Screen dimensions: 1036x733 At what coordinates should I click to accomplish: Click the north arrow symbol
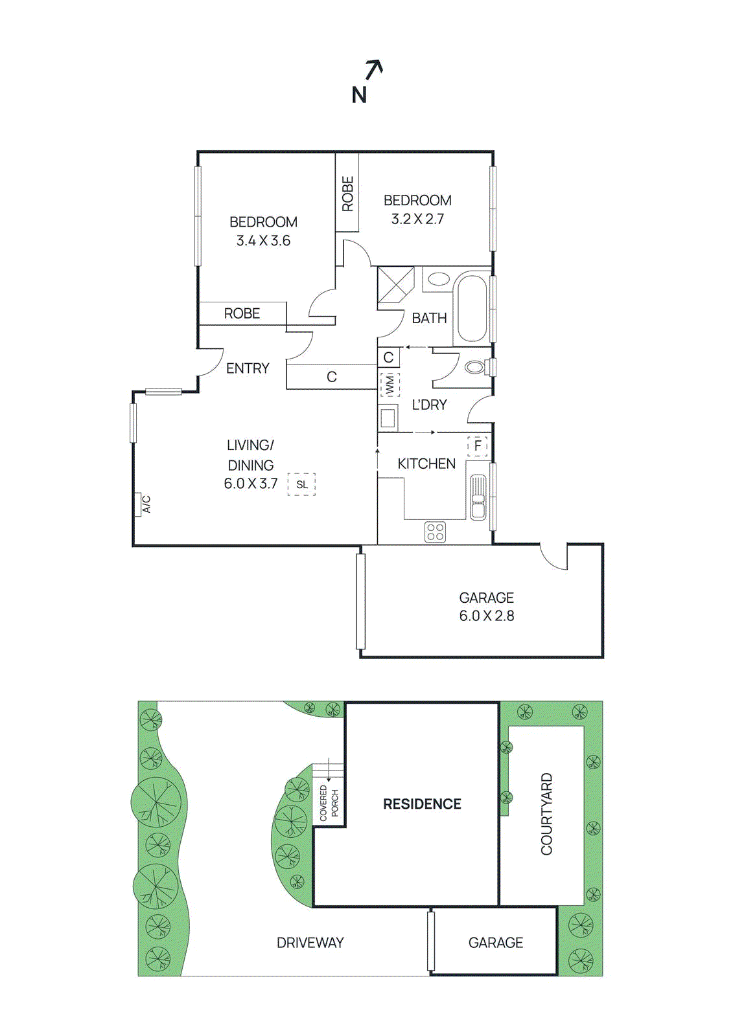coord(373,69)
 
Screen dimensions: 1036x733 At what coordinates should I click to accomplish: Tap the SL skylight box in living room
coord(301,484)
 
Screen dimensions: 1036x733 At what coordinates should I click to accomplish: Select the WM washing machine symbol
coord(390,385)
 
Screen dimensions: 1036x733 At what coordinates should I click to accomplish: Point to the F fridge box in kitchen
coord(478,446)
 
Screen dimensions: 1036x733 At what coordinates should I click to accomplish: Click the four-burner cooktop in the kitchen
coord(436,532)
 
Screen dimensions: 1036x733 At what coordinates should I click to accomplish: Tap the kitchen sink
coord(478,497)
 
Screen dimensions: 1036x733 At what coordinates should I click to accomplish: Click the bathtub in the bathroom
coord(471,308)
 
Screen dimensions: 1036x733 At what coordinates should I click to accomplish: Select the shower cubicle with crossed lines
coord(396,285)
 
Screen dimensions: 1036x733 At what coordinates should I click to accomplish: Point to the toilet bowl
coord(475,367)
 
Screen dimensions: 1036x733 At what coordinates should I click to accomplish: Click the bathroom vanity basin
coord(439,280)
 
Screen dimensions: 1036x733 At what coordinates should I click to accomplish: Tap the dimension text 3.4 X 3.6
coord(263,241)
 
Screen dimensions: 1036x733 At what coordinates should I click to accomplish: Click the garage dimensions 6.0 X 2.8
coord(487,616)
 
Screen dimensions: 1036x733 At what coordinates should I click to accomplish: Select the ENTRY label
coord(248,368)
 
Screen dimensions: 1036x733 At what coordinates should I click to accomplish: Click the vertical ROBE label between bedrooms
coord(347,194)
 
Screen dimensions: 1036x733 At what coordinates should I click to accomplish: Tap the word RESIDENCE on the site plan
coord(422,804)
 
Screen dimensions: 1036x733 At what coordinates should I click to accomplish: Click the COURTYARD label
coord(546,814)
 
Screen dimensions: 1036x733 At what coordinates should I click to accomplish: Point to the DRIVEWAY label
coord(310,943)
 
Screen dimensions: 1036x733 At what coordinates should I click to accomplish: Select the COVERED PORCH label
coord(329,804)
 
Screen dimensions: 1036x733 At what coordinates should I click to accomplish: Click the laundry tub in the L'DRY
coord(388,418)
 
